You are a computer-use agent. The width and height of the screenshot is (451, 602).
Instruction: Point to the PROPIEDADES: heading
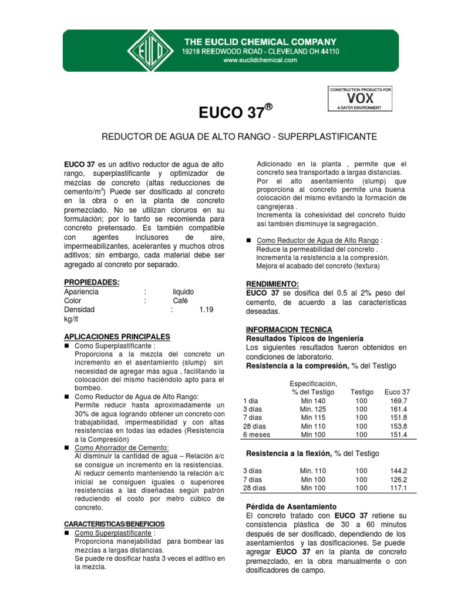click(x=91, y=282)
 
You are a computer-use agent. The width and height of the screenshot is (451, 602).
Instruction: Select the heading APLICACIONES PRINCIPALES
click(x=116, y=336)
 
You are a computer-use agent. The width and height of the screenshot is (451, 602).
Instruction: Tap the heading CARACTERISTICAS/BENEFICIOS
click(x=114, y=523)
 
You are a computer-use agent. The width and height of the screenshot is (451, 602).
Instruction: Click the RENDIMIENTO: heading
click(x=272, y=283)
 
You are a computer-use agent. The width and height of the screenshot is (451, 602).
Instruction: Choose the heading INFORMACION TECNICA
click(x=288, y=329)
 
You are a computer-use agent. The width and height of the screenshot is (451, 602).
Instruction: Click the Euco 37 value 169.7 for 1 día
click(x=398, y=400)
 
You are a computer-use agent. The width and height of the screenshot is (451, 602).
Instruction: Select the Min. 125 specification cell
click(x=313, y=409)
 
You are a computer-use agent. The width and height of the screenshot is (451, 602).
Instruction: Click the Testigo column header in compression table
click(x=361, y=392)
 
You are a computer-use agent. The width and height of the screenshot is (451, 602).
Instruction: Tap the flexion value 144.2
click(x=398, y=471)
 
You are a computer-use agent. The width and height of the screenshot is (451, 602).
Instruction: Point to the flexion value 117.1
click(x=398, y=487)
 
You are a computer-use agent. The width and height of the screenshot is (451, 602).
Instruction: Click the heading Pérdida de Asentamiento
click(x=290, y=506)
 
